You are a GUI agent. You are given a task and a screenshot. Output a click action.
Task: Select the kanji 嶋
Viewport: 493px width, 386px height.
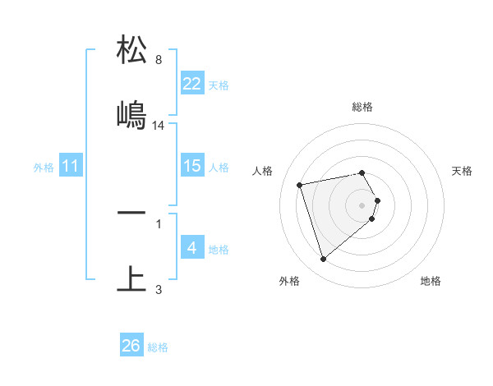point(132,115)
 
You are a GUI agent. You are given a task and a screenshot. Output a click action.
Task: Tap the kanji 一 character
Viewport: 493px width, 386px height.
point(132,213)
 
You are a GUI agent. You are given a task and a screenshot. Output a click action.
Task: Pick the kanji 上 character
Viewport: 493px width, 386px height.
point(132,278)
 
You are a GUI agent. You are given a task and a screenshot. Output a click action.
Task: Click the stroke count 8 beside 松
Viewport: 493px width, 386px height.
point(159,59)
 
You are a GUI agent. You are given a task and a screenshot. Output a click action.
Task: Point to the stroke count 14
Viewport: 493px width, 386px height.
point(159,125)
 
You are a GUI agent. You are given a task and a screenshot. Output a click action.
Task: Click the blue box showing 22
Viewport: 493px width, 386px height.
point(192,84)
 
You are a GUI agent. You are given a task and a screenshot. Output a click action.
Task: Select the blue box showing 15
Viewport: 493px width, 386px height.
point(192,166)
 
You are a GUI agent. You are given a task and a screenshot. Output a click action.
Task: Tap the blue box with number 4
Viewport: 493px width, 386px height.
point(192,248)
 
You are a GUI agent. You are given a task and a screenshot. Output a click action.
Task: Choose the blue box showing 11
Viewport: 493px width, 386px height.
point(71,166)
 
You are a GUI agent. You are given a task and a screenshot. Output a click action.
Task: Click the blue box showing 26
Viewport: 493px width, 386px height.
point(131,346)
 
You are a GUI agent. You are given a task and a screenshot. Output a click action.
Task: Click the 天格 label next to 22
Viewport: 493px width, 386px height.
point(219,85)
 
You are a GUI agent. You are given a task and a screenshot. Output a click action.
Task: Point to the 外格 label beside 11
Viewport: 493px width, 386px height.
point(44,167)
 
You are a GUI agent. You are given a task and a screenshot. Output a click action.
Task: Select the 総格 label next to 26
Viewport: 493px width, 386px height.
point(158,347)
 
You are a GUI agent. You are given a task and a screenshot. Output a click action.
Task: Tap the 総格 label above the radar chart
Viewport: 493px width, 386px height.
point(362,107)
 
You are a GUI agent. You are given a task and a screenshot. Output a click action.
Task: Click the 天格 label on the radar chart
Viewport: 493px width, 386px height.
point(462,171)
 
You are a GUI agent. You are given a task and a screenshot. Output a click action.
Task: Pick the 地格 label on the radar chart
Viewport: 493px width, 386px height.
point(431,281)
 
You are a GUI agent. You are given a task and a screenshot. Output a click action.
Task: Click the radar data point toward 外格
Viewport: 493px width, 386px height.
point(323,260)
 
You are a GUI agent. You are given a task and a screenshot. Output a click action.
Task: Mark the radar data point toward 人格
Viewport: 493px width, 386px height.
point(300,184)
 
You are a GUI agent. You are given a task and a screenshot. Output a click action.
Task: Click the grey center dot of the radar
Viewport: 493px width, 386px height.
point(362,204)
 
